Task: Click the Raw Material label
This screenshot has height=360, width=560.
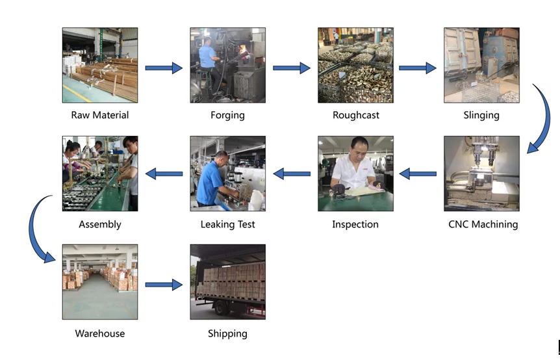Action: pyautogui.click(x=100, y=115)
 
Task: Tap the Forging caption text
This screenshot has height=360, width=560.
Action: pyautogui.click(x=227, y=115)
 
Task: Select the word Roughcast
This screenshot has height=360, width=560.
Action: pyautogui.click(x=355, y=115)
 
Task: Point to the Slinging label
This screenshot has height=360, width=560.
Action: pyautogui.click(x=481, y=115)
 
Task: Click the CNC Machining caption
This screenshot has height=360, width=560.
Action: pyautogui.click(x=483, y=224)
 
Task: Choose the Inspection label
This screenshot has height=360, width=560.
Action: pyautogui.click(x=355, y=224)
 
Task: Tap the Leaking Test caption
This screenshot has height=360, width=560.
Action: pyautogui.click(x=227, y=224)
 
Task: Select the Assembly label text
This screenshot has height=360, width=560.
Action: pyautogui.click(x=100, y=224)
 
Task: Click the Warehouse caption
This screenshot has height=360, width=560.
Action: pyautogui.click(x=100, y=333)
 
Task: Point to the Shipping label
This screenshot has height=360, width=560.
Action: pyautogui.click(x=227, y=333)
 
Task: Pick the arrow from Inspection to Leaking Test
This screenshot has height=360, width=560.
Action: pyautogui.click(x=291, y=174)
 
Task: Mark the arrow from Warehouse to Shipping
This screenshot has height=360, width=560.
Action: pyautogui.click(x=163, y=284)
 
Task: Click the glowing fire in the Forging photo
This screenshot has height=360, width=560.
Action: pyautogui.click(x=246, y=51)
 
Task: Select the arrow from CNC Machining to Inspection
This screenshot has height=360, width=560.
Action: pyautogui.click(x=418, y=174)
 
